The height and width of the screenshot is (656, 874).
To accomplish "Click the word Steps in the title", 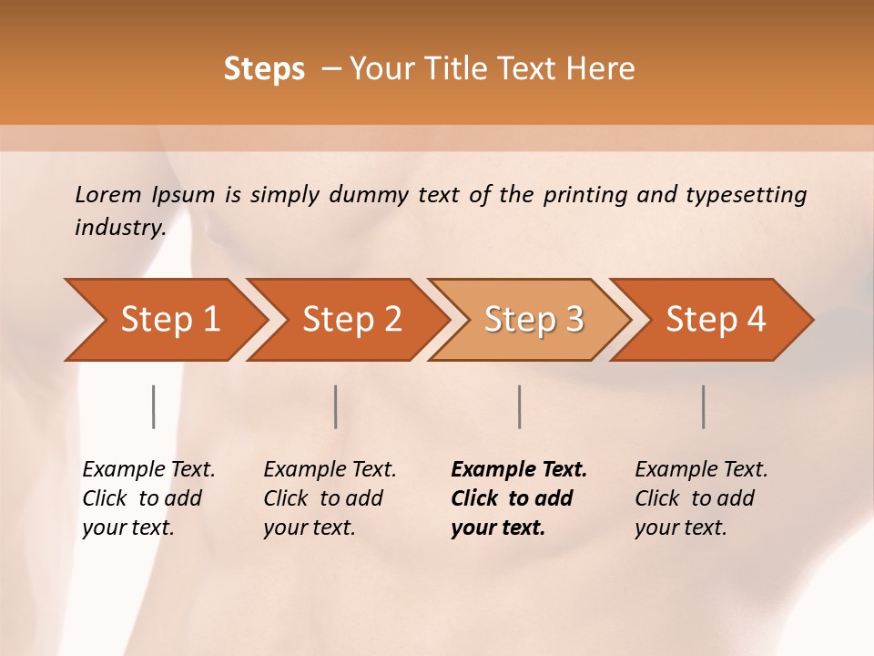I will tap(264, 69).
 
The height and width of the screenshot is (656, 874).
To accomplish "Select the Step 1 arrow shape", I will tap(164, 319).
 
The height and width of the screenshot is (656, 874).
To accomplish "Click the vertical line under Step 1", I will tap(153, 406).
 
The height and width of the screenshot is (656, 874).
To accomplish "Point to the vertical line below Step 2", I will tap(336, 406).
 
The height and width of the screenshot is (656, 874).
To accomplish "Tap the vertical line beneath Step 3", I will tap(519, 406).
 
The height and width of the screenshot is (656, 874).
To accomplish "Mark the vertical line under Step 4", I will tap(703, 406).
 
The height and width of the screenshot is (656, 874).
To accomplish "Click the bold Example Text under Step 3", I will tap(518, 497).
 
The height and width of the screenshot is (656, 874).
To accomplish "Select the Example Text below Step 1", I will tap(148, 497).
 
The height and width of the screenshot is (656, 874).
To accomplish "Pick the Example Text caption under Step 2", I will tap(330, 497).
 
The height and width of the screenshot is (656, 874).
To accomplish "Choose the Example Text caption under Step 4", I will tap(701, 497).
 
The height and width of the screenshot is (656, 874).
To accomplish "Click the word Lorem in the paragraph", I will tap(108, 195).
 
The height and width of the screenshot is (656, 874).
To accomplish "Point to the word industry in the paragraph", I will tap(119, 228).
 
